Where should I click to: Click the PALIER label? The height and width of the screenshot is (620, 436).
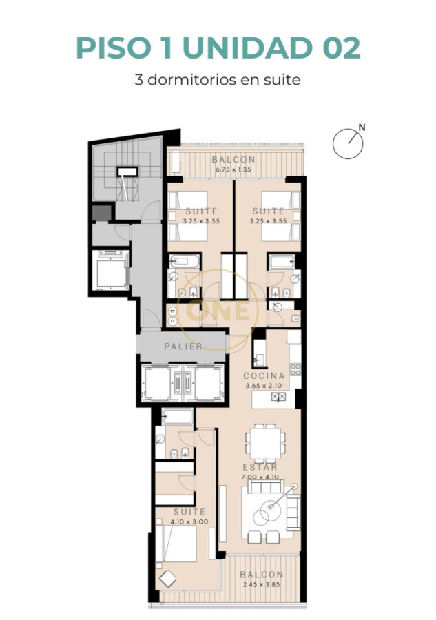point(183,346)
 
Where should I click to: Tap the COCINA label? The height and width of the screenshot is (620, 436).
point(264,376)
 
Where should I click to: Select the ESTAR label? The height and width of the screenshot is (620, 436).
point(260,467)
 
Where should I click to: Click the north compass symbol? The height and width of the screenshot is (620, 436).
point(347,143)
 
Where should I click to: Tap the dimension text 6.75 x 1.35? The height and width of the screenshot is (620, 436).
point(233,169)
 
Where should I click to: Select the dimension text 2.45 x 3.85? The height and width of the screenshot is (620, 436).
point(262,585)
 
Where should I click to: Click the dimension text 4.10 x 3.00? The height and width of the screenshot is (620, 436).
point(189,521)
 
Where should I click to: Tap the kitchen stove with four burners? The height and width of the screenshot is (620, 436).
point(295,368)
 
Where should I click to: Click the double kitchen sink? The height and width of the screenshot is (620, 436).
point(279,397)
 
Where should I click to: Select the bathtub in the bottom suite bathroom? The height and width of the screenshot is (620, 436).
point(177,417)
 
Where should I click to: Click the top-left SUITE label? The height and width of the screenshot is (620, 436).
point(202,211)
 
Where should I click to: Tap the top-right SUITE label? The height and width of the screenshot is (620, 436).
point(269,211)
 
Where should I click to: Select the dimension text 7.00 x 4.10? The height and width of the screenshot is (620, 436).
point(260,477)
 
